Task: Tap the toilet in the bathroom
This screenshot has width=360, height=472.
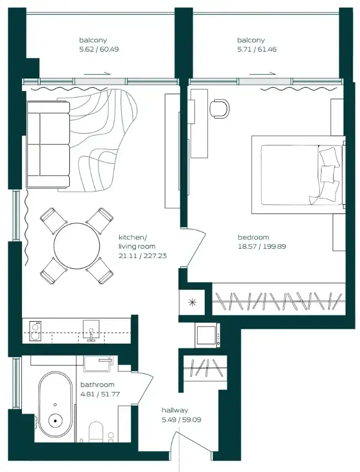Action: pos(96,432)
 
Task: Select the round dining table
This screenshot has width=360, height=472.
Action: pos(77,246)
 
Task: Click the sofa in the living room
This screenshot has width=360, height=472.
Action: pos(48,144)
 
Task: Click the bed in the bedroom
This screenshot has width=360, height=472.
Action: pos(298,175)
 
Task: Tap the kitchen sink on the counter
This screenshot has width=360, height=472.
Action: pos(91,330)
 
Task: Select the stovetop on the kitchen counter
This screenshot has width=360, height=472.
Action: pos(35,331)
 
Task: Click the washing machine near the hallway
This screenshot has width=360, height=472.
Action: pos(207,335)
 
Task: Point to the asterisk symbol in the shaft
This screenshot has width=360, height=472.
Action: pos(192,302)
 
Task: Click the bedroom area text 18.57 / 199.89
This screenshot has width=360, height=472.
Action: pos(262,246)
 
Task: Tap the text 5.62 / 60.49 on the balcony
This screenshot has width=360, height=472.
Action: pos(99,49)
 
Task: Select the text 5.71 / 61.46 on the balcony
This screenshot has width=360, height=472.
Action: pos(257,49)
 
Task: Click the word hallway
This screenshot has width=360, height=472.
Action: pos(175,411)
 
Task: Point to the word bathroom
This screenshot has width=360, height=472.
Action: pos(98,385)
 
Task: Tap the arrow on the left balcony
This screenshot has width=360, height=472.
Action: pos(97,73)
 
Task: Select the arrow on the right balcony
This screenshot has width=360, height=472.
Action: pos(262,73)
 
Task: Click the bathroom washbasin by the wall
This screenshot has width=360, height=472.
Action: pos(98,364)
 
